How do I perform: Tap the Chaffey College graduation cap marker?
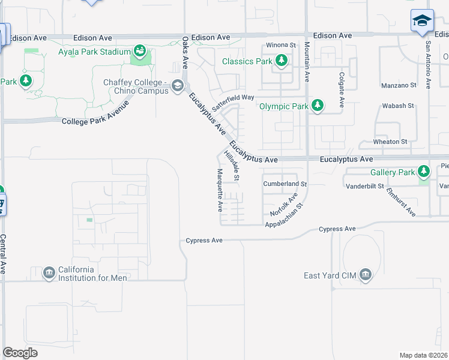[x=178, y=86]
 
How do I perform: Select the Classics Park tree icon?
[x=281, y=61]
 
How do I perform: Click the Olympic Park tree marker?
[x=317, y=106]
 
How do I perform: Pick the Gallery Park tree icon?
[x=424, y=172]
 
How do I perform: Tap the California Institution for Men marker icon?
[x=49, y=274]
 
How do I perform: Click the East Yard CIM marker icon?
[x=364, y=275]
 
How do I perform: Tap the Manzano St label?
[x=399, y=86]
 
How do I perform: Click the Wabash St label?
[x=398, y=106]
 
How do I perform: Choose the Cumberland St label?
[x=285, y=184]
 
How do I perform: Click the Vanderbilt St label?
[x=364, y=187]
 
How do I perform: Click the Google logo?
[x=20, y=353]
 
